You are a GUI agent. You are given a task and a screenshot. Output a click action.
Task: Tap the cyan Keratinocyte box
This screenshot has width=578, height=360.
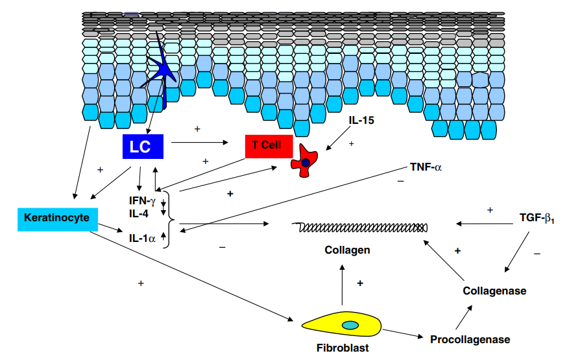pyautogui.click(x=57, y=219)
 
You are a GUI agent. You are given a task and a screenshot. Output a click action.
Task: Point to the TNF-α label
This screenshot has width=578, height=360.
pyautogui.click(x=426, y=167)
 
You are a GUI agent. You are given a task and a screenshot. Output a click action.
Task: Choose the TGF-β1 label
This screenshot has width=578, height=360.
pyautogui.click(x=537, y=219)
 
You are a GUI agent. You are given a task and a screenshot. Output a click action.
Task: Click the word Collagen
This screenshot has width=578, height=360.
pyautogui.click(x=347, y=250)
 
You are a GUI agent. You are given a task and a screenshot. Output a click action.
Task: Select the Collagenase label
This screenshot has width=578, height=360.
pyautogui.click(x=494, y=291)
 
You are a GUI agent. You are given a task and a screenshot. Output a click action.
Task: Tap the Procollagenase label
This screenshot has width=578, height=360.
pyautogui.click(x=470, y=339)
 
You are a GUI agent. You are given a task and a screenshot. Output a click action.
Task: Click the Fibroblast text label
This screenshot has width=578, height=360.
pyautogui.click(x=343, y=348)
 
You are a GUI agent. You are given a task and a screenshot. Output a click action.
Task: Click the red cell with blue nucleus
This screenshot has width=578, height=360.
pyautogui.click(x=306, y=162)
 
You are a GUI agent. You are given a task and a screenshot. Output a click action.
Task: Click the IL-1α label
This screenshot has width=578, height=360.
pyautogui.click(x=142, y=239)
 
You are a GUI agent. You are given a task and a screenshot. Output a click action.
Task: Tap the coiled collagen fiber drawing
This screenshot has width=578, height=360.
pyautogui.click(x=360, y=227)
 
